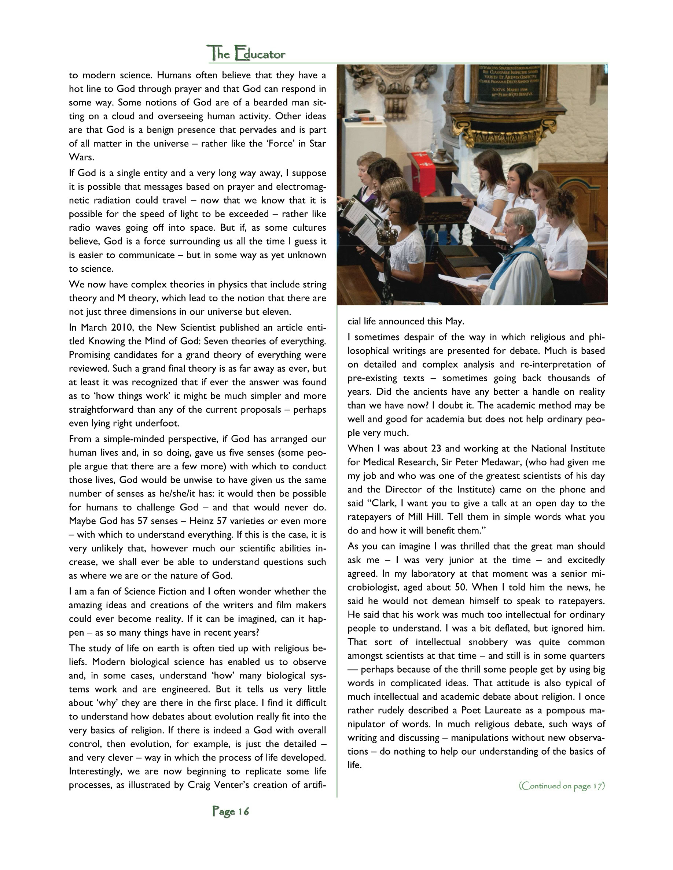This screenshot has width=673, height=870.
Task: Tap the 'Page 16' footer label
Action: click(x=231, y=811)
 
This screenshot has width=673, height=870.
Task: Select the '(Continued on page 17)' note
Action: click(x=561, y=785)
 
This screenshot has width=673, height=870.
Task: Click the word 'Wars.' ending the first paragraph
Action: click(x=82, y=157)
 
